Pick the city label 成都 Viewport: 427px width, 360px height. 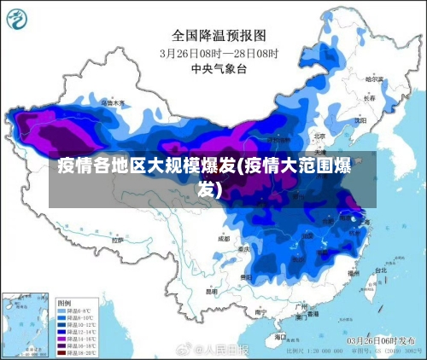tap(224, 240)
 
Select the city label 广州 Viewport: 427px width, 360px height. tap(300, 305)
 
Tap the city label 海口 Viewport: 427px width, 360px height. tap(281, 337)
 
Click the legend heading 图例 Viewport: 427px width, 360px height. tap(64, 303)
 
